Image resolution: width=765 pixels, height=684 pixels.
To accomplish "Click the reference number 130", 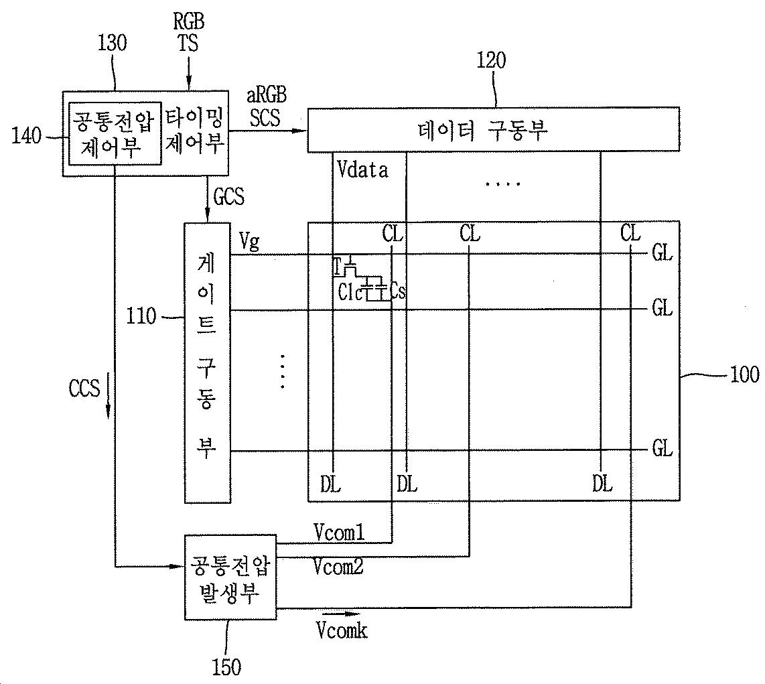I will [x=112, y=44].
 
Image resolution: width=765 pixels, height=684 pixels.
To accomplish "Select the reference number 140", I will [x=27, y=136].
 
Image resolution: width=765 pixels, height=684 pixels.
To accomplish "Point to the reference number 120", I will [x=491, y=61].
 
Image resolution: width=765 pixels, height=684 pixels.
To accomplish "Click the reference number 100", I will [x=744, y=374].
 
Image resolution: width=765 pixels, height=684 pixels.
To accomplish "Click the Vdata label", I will [x=362, y=170].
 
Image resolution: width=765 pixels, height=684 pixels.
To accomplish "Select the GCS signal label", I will [x=228, y=198].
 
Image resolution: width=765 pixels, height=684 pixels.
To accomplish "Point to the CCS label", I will [x=84, y=389].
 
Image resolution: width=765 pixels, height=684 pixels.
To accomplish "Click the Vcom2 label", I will [x=338, y=567].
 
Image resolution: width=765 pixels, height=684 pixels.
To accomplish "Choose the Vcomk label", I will [x=342, y=630].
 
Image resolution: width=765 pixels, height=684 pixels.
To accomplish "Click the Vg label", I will [x=249, y=242].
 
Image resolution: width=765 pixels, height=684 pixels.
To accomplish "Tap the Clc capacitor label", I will [x=350, y=292].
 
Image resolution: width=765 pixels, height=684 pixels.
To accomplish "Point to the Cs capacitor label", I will [x=397, y=292].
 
